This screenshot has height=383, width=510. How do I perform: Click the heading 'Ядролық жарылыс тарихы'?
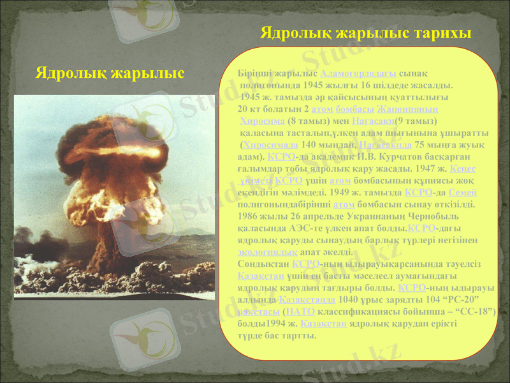coord(366,33)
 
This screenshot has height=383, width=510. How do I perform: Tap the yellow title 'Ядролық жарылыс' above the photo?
coord(110,73)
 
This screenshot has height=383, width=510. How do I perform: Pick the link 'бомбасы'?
coord(354,109)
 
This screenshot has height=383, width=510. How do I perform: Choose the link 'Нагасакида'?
coord(382,145)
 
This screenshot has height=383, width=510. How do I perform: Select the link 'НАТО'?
coord(300,312)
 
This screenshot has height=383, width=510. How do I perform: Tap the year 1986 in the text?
coord(248,216)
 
